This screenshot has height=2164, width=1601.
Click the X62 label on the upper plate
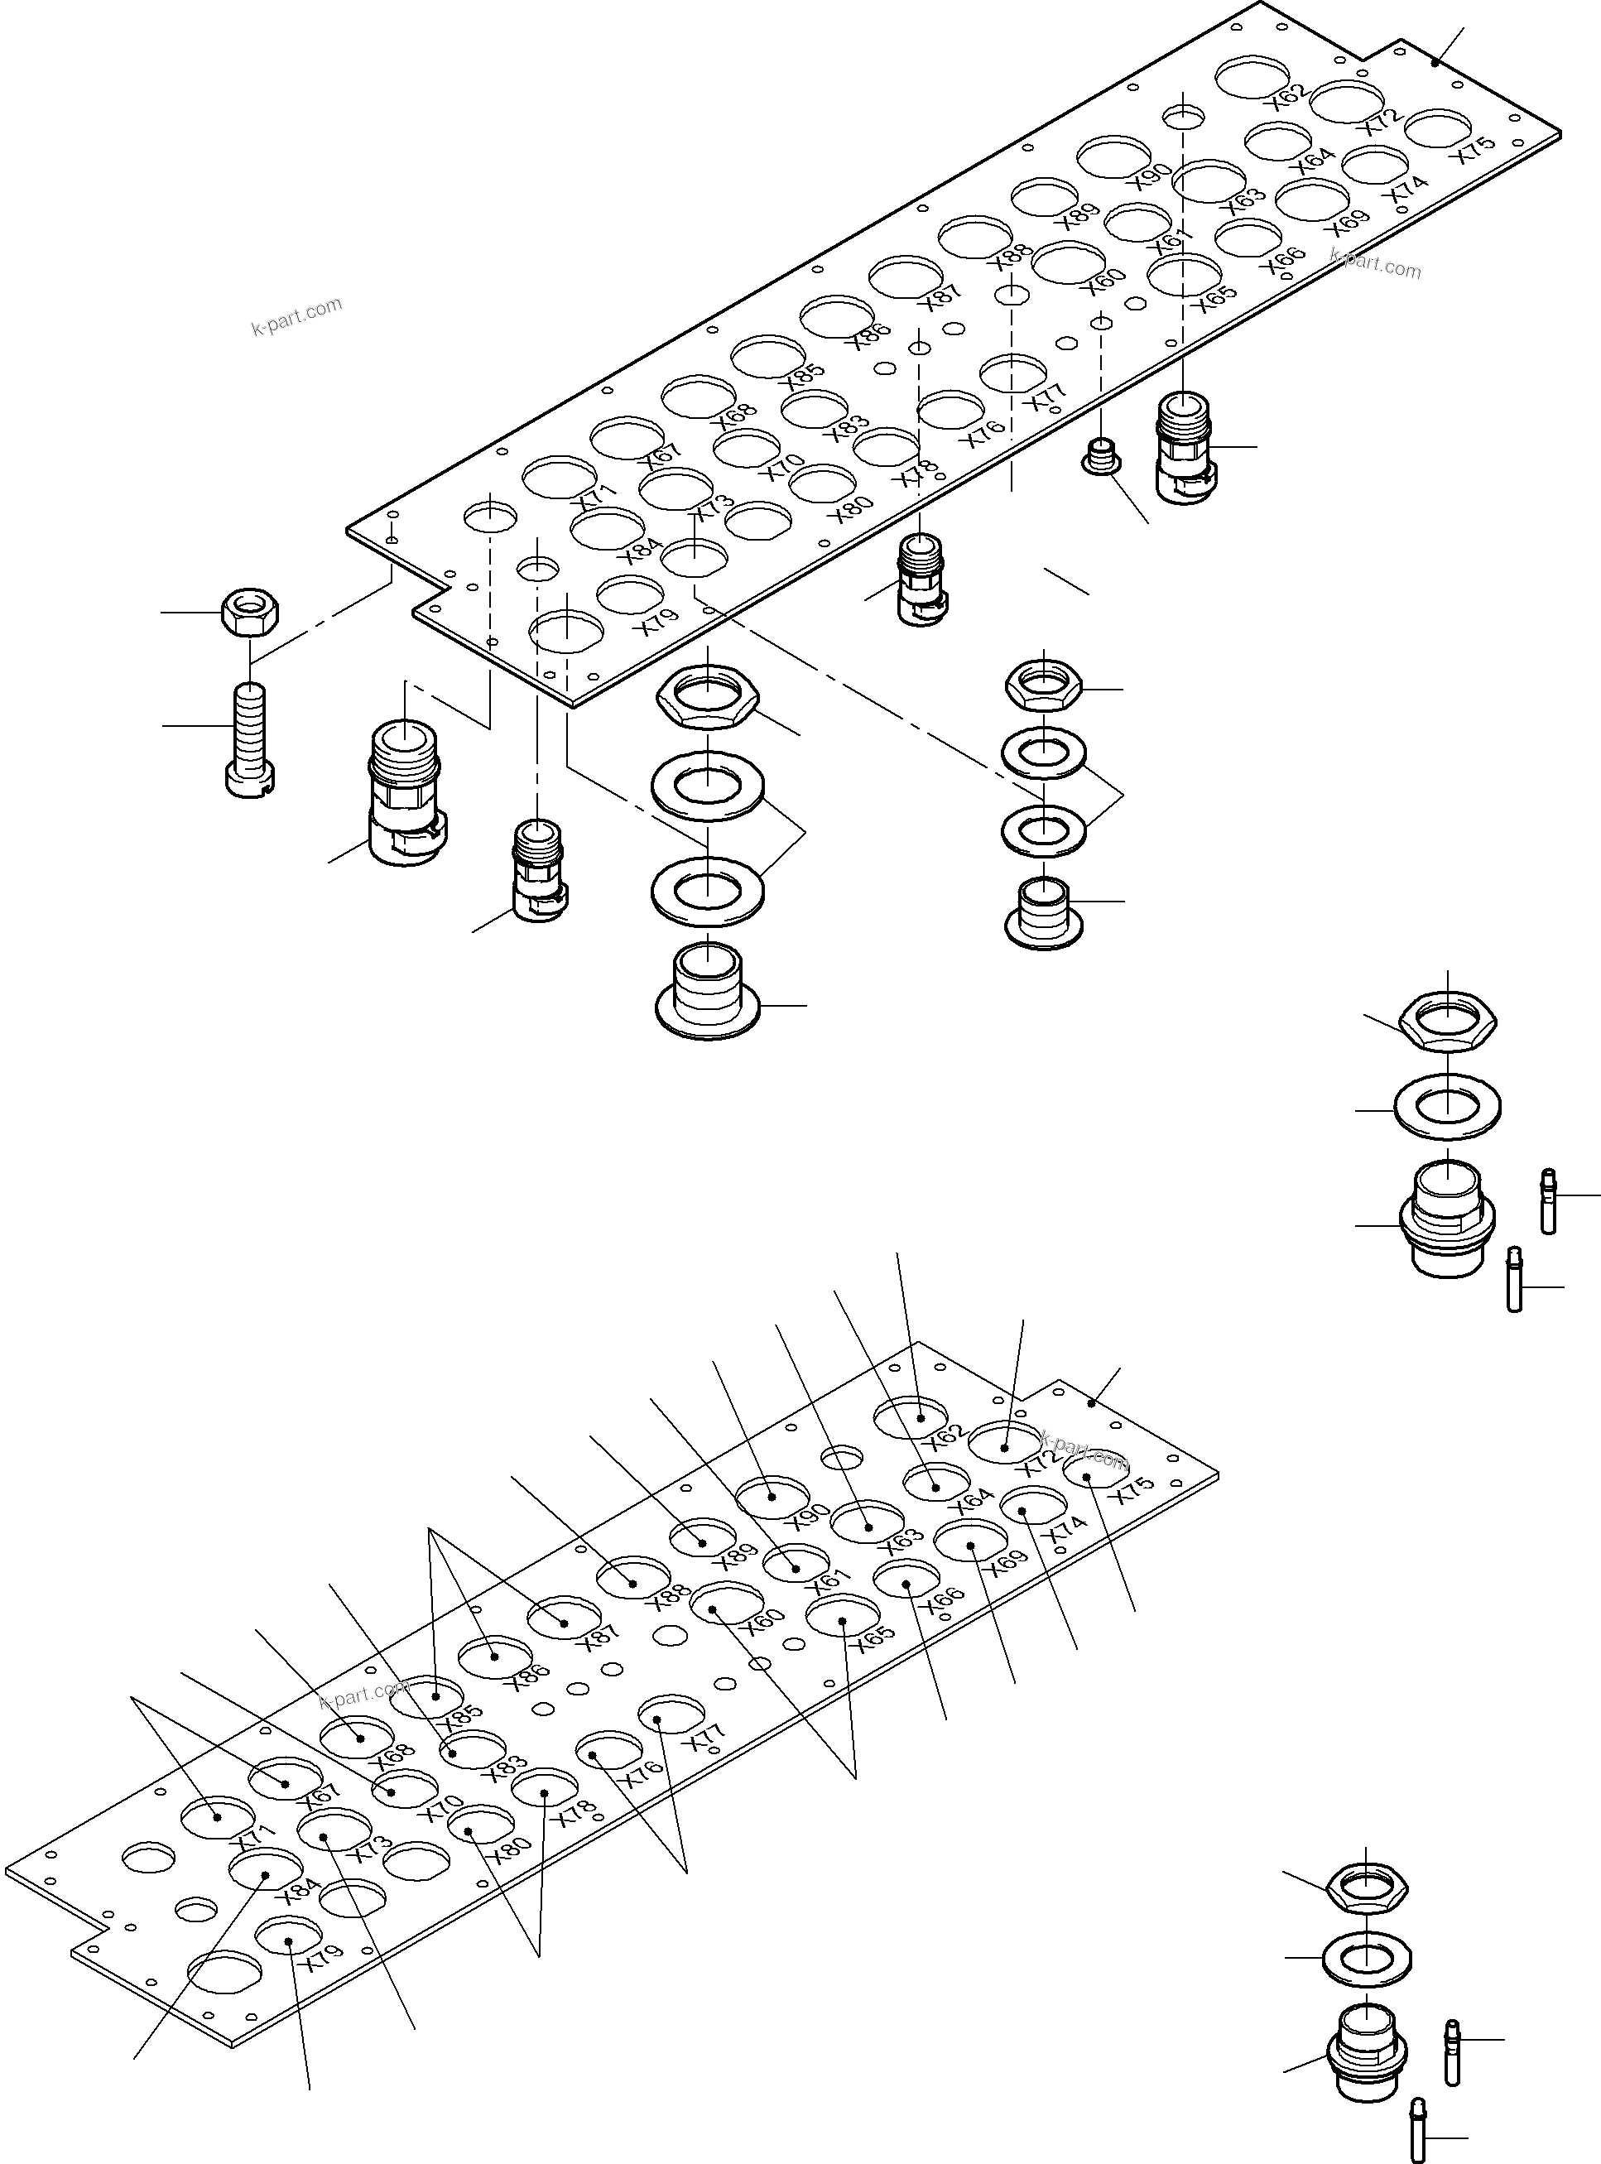click(1290, 97)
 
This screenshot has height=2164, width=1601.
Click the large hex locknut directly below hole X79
click(708, 699)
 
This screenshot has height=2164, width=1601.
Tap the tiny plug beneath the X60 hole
click(1101, 455)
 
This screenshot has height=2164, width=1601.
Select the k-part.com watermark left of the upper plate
click(296, 317)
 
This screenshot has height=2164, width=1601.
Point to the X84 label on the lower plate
click(300, 1891)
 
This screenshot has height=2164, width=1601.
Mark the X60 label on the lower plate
click(762, 1623)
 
